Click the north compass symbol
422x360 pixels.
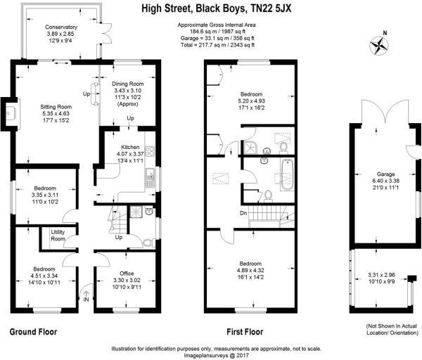381,44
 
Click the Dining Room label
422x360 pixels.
127,84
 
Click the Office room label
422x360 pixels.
127,273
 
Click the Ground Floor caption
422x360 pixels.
33,330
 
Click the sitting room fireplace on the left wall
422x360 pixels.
12,112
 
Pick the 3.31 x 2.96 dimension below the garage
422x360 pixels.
381,275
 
